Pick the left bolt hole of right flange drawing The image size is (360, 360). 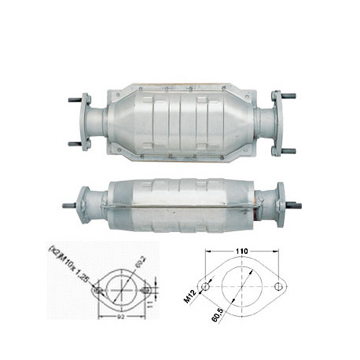tap(207, 288)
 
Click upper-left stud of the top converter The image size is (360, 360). tap(74, 100)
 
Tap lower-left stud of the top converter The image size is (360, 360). tap(74, 144)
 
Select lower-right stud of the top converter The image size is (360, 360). tap(288, 149)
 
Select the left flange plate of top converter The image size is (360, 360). tap(85, 122)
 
